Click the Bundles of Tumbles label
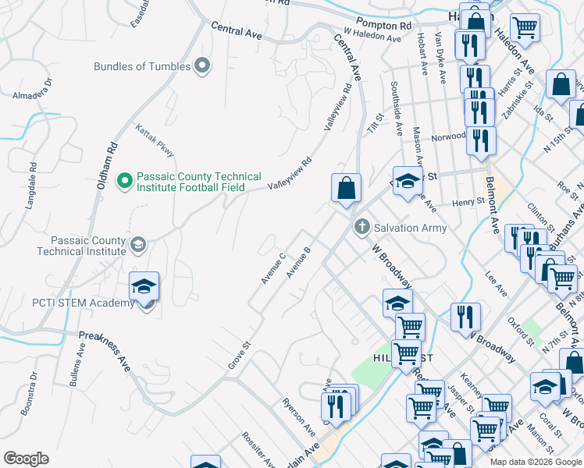pyautogui.click(x=142, y=66)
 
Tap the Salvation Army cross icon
pyautogui.click(x=361, y=227)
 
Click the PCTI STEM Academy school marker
pyautogui.click(x=145, y=287)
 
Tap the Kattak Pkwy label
pyautogui.click(x=155, y=141)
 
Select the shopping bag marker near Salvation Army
pyautogui.click(x=346, y=188)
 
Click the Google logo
pyautogui.click(x=26, y=459)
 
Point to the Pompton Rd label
pyautogui.click(x=383, y=25)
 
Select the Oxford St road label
pyautogui.click(x=520, y=329)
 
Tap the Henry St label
pyautogui.click(x=468, y=202)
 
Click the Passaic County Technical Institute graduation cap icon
pyautogui.click(x=138, y=245)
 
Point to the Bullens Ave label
pyautogui.click(x=77, y=377)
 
